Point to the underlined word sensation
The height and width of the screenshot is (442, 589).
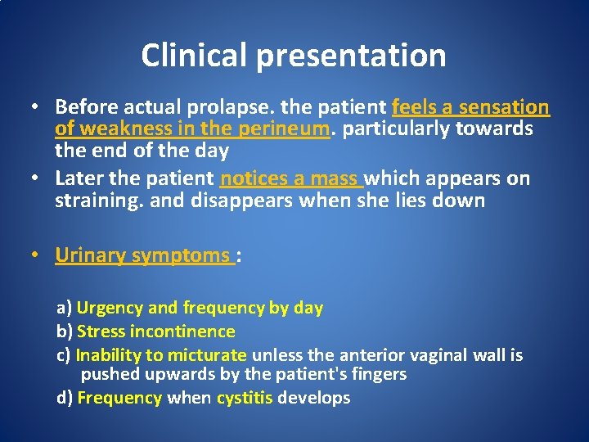point(504,107)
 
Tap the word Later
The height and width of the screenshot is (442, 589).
point(79,178)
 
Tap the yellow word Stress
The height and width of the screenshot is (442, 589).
point(100,331)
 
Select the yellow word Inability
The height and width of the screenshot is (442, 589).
point(105,355)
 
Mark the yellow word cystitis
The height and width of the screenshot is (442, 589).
point(245,399)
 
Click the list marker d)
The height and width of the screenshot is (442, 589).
point(64,399)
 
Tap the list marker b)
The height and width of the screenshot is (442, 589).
point(64,331)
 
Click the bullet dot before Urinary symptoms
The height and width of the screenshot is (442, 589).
point(36,255)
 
